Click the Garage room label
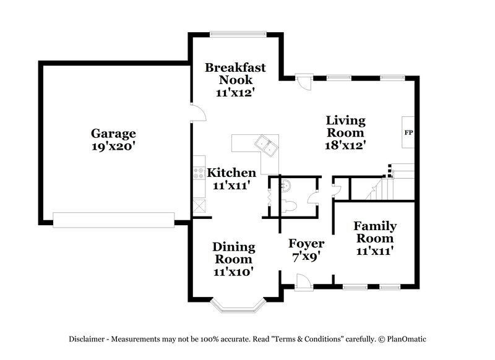click(113, 133)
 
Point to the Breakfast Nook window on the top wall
click(238, 33)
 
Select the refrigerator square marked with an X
click(199, 205)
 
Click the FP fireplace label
click(408, 132)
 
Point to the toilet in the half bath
click(294, 201)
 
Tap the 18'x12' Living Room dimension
click(346, 147)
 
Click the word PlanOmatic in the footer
click(405, 338)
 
